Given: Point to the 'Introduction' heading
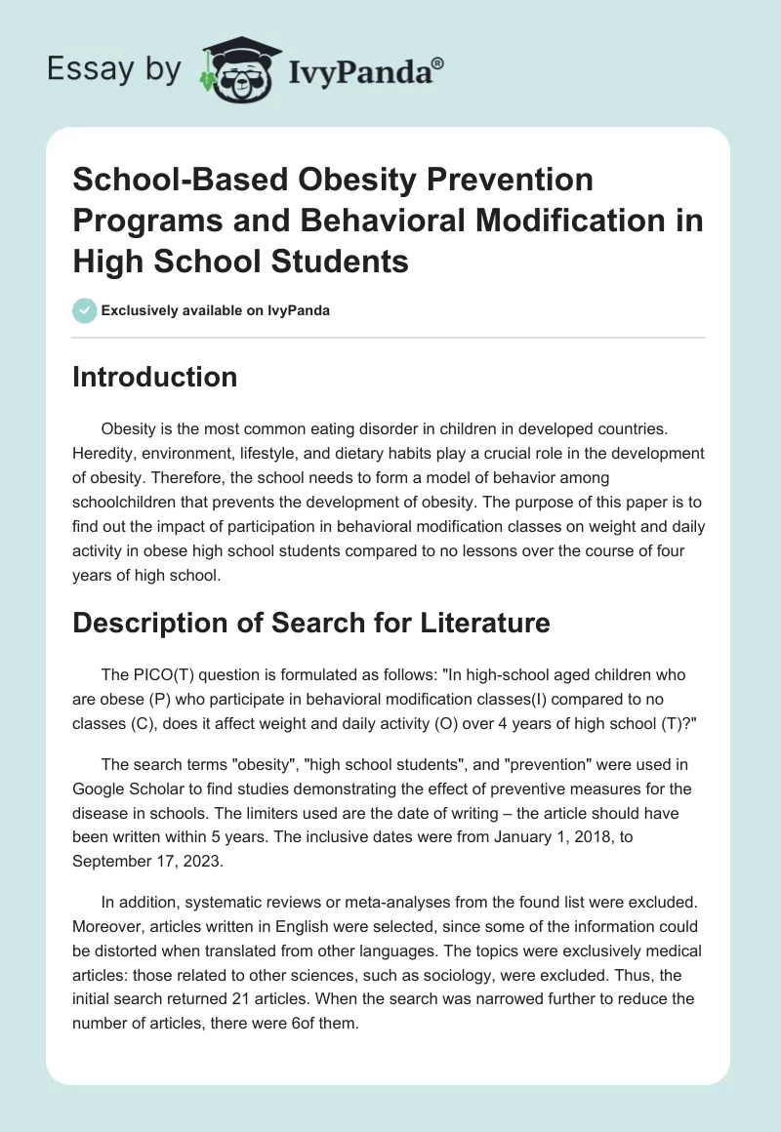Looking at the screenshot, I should point(154,378).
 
